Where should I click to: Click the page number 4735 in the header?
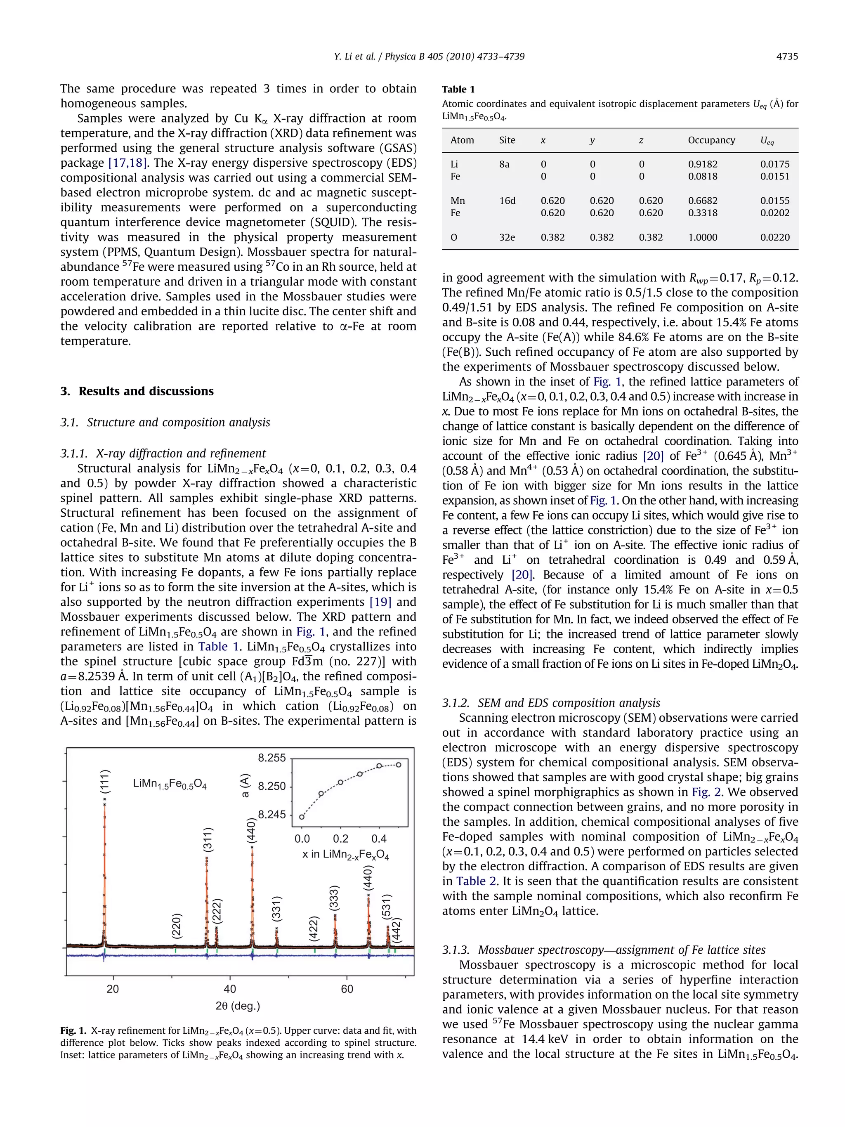[x=786, y=57]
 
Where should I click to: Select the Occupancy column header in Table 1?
[x=711, y=140]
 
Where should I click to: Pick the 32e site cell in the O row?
[x=507, y=237]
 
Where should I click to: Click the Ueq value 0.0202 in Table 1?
[x=774, y=213]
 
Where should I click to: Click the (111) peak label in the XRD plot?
[x=104, y=781]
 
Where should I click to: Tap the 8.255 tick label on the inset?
[x=271, y=758]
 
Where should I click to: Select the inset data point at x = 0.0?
[x=302, y=816]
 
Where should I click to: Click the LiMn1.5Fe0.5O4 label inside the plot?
[x=170, y=784]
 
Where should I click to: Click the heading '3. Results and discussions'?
[x=137, y=391]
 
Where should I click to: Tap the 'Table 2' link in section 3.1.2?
[x=471, y=881]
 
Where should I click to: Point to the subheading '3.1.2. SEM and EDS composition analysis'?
[x=551, y=703]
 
